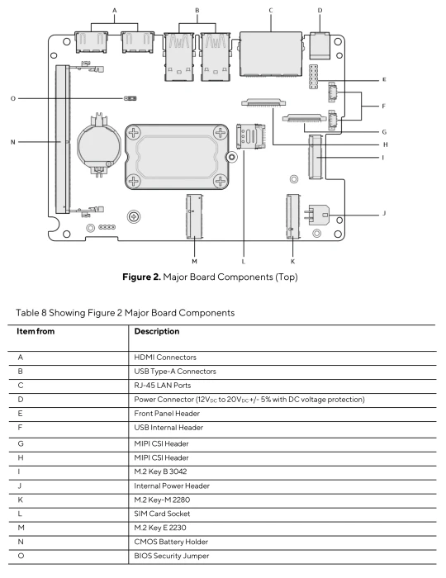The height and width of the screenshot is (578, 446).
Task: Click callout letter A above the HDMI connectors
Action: point(114,11)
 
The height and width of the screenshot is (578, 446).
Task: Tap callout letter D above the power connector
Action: point(320,10)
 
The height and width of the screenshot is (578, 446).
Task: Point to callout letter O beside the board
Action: point(13,98)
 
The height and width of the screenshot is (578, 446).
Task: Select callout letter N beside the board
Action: point(13,142)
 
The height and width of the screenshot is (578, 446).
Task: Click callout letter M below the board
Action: point(194,262)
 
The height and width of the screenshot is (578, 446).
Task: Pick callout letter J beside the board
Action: point(384,213)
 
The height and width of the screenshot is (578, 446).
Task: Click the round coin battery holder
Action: point(98,144)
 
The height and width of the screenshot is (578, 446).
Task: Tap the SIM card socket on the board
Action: point(250,136)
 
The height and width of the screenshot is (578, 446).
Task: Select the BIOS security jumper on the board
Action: point(130,98)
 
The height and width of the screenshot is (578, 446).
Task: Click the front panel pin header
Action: point(314,77)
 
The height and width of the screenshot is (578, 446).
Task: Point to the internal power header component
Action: point(317,215)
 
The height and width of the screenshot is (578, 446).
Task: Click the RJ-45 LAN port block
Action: point(271,54)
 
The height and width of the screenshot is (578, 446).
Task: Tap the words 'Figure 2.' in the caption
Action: point(141,277)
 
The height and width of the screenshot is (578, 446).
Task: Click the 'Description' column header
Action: point(157,331)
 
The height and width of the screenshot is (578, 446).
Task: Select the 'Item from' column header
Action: point(36,331)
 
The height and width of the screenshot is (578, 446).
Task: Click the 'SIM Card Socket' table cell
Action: point(162,514)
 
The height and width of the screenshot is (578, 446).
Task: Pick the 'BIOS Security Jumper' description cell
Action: point(172,556)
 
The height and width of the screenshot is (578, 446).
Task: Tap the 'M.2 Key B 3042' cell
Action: point(160,471)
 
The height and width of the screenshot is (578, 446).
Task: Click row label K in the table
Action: point(21,500)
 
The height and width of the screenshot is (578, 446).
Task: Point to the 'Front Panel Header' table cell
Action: point(167,413)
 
